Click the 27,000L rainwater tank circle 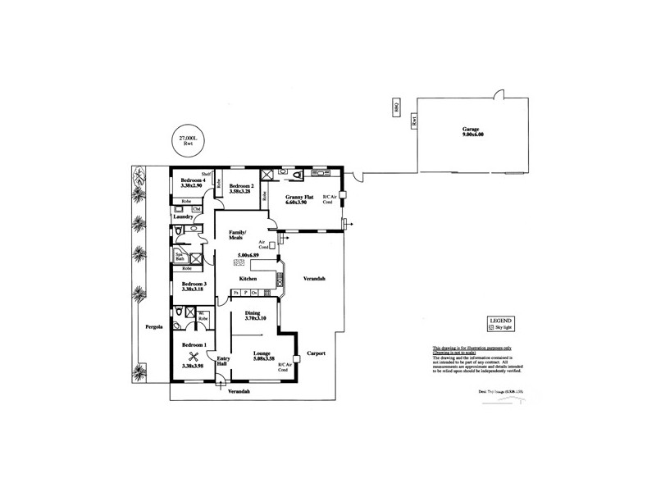click(188, 141)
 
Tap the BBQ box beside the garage click(395, 108)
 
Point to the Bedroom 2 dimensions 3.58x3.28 click(239, 191)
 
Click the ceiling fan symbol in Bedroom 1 click(194, 357)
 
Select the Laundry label click(182, 217)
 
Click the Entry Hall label click(222, 361)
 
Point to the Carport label click(317, 353)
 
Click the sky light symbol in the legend click(491, 326)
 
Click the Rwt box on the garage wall click(415, 120)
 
